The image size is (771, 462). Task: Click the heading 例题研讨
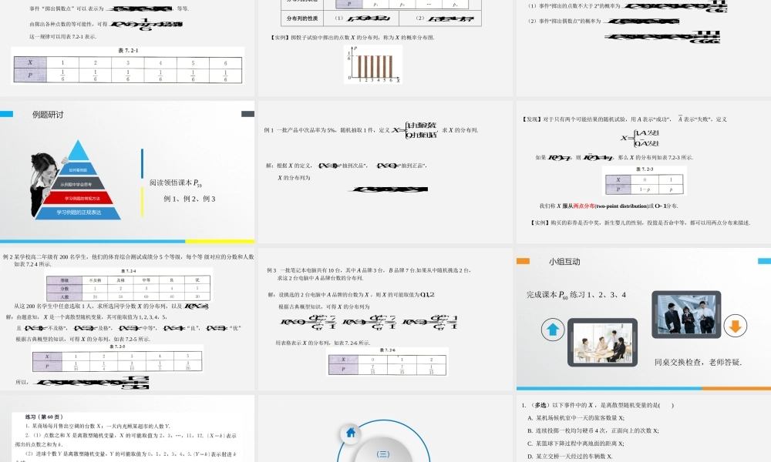[x=48, y=115]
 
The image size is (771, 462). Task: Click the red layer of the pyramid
[x=78, y=198]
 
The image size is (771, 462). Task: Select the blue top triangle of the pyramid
[x=78, y=158]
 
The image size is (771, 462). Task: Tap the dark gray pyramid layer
[x=78, y=184]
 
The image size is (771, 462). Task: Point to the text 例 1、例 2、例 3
[x=190, y=199]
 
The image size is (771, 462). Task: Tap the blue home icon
[x=351, y=433]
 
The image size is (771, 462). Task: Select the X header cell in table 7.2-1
[x=29, y=62]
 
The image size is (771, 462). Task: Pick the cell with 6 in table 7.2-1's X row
[x=226, y=62]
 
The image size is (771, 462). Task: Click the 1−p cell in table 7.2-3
[x=645, y=188]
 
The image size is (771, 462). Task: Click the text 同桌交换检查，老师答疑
[x=698, y=362]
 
